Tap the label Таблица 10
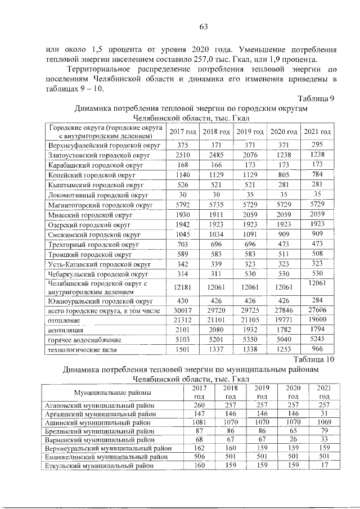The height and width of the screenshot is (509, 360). click(313, 360)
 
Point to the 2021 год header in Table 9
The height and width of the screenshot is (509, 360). click(317, 132)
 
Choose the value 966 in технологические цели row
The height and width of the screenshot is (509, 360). click(318, 349)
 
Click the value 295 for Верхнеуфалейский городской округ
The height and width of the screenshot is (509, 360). click(318, 145)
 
